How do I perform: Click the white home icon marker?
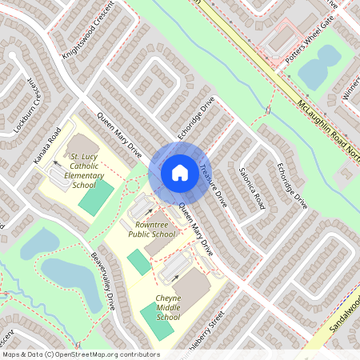(179, 173)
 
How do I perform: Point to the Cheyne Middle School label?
(168, 306)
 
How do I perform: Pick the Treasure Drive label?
(214, 186)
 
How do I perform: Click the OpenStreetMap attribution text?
(80, 354)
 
